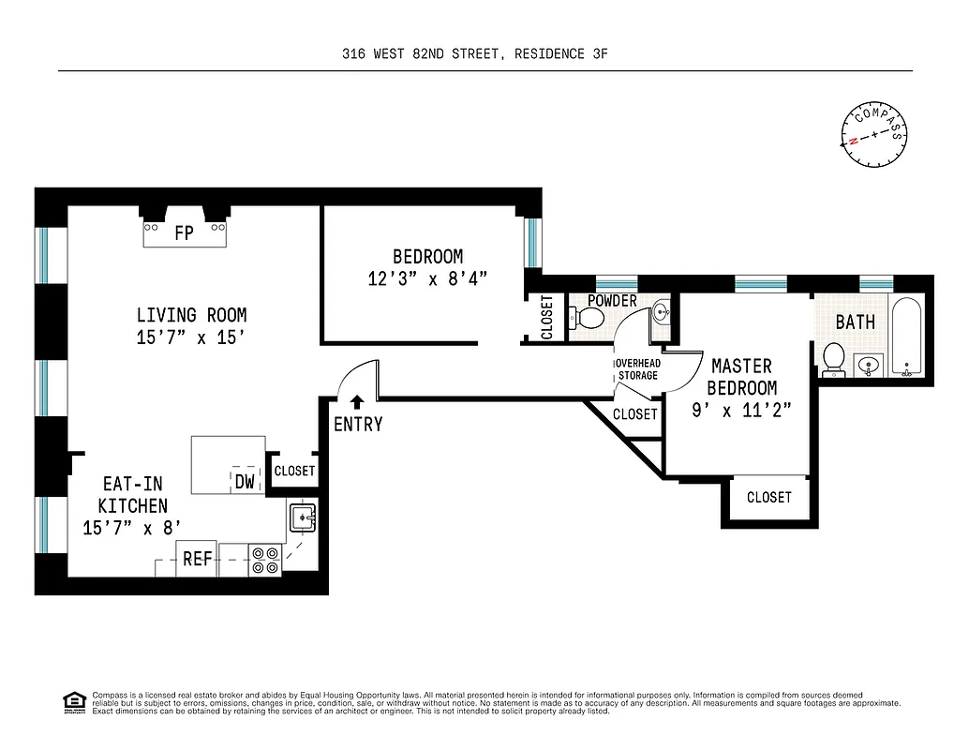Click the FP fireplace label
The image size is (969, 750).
pos(184,232)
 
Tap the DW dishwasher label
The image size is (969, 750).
pos(245,482)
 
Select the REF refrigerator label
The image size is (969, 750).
pos(197,559)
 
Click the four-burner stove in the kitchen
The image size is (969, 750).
pos(266,561)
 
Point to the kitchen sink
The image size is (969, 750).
pos(303,516)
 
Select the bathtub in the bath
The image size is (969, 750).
pos(907,336)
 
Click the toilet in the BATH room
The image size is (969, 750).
pos(832,358)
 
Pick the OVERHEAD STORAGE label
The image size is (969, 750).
pos(637,369)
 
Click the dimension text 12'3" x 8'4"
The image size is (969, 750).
pos(427,278)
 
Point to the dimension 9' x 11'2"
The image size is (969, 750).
pos(741,410)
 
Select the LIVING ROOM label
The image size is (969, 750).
pos(191,315)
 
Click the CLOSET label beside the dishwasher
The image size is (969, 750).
pos(294,471)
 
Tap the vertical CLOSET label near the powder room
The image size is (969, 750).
pos(547,317)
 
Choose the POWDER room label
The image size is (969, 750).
pos(612,301)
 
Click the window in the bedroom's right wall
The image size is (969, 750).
pos(532,241)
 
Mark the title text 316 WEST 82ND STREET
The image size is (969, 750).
pos(425,54)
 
